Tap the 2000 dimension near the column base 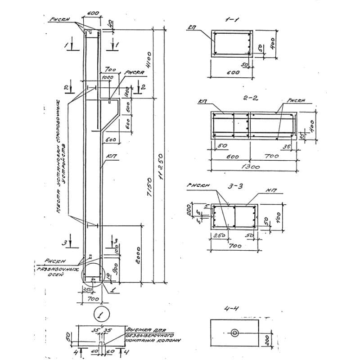[x=138, y=254]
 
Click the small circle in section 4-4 [x=234, y=333]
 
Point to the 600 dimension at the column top [x=93, y=13]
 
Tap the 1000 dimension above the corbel [x=107, y=78]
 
